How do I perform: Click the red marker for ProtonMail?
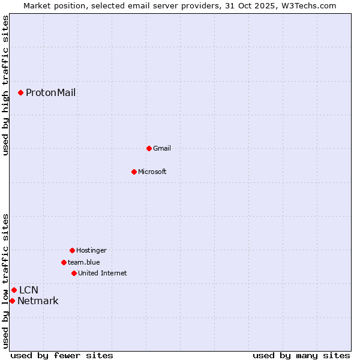20,92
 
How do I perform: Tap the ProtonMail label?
50,92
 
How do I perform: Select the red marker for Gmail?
149,148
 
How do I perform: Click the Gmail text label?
162,148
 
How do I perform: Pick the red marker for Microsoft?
134,172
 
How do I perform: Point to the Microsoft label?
152,172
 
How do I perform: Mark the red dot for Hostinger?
72,250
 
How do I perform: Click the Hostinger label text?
91,250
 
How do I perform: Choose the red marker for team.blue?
64,262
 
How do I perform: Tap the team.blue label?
84,262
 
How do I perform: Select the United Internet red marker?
74,273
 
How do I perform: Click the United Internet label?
103,273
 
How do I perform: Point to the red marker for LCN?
14,290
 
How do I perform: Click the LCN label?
29,290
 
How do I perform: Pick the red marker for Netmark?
12,301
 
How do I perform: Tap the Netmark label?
38,301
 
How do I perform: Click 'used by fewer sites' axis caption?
62,355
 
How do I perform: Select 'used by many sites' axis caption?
301,355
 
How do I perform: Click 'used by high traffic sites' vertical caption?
5,85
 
